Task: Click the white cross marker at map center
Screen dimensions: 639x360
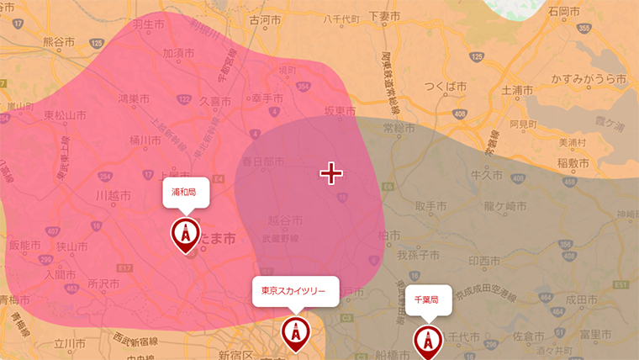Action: pyautogui.click(x=331, y=173)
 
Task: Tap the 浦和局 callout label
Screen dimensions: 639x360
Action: pyautogui.click(x=183, y=193)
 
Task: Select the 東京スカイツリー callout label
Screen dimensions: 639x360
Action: pyautogui.click(x=295, y=291)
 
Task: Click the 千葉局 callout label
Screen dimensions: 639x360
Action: pyautogui.click(x=428, y=299)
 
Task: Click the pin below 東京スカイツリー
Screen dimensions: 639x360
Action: pyautogui.click(x=295, y=334)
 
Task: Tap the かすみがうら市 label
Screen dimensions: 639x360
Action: pyautogui.click(x=589, y=79)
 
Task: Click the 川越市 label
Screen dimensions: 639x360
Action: pyautogui.click(x=113, y=195)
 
